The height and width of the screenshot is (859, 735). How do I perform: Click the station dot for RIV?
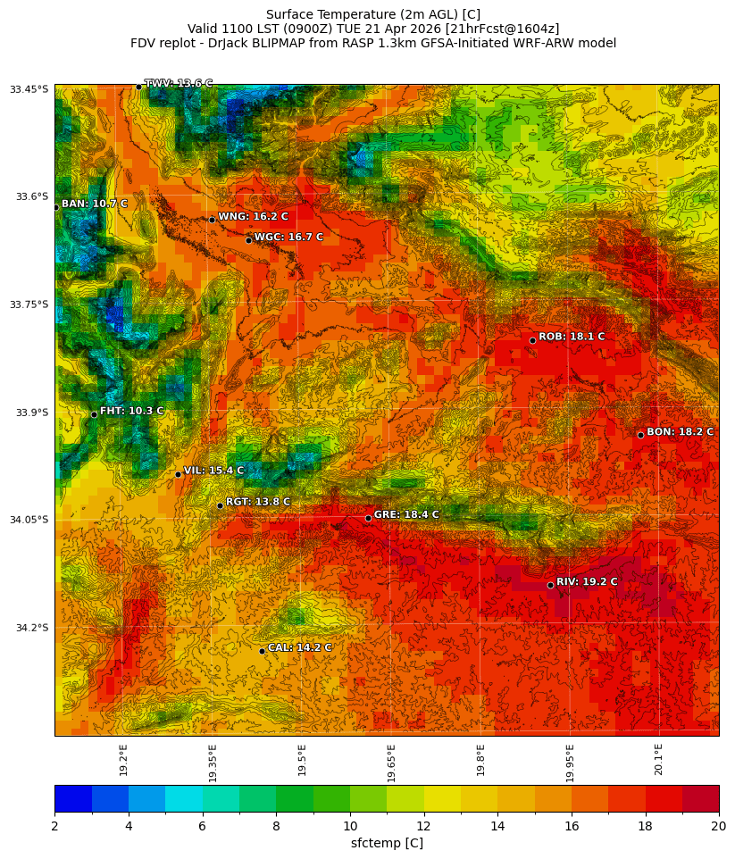(x=550, y=585)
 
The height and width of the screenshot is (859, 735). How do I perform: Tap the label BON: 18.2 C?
(x=680, y=432)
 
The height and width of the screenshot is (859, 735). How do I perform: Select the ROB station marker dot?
(x=532, y=340)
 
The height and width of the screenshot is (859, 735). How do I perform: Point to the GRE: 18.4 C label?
(x=406, y=515)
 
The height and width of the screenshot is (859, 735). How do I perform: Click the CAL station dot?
(x=262, y=651)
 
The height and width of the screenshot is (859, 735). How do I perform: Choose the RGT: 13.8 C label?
(x=258, y=503)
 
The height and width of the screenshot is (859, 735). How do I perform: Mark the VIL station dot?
(x=178, y=474)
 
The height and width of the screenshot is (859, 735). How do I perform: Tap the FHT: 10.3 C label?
(x=131, y=411)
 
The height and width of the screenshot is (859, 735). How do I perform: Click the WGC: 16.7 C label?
(x=288, y=238)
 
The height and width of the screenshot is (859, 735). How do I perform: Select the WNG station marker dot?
(x=212, y=220)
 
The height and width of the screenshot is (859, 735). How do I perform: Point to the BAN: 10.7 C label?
(x=95, y=204)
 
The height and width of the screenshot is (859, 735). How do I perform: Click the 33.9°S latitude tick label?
(x=31, y=413)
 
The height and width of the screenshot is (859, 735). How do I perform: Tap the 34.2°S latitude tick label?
(x=31, y=628)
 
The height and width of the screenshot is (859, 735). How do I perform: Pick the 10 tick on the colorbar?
(x=350, y=827)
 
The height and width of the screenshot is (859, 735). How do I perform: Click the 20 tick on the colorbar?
(x=717, y=827)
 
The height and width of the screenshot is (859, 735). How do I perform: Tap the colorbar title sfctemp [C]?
(x=387, y=843)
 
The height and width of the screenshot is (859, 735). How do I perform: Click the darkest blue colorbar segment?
(x=72, y=798)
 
